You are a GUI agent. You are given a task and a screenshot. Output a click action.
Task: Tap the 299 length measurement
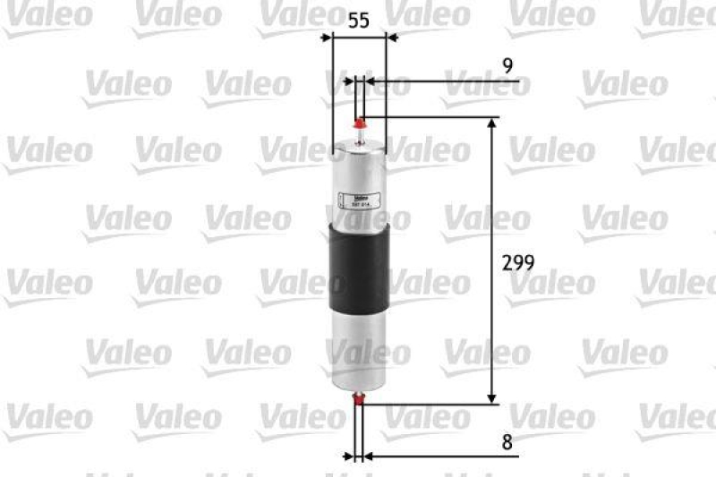518,263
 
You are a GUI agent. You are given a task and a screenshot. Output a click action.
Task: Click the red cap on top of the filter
360,122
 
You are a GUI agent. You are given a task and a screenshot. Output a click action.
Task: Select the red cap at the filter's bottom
359,400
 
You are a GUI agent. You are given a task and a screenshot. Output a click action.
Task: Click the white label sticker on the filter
354,200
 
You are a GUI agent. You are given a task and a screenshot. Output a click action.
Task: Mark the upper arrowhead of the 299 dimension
491,124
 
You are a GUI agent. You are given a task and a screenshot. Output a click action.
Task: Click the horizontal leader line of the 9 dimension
447,81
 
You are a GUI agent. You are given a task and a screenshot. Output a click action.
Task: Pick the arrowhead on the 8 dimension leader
369,456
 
